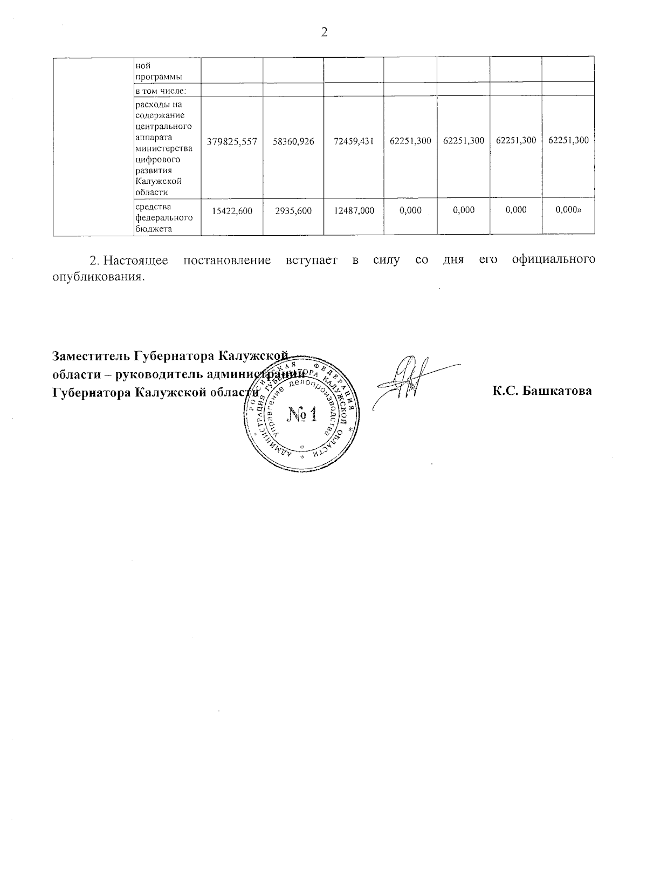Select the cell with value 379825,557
232,141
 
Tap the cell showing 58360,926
293,141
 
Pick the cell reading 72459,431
354,141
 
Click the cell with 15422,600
232,211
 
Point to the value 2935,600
293,211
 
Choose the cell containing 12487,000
354,211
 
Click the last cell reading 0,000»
568,210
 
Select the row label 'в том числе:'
161,90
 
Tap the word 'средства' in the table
153,207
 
